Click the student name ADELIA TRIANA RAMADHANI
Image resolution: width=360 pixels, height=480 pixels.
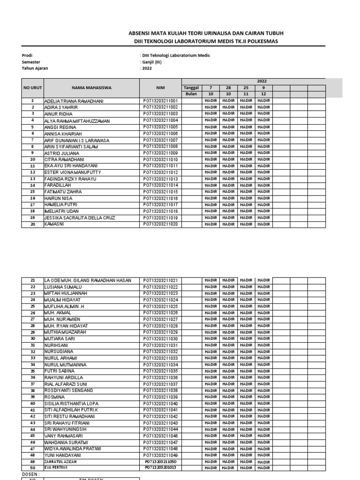click(x=74, y=101)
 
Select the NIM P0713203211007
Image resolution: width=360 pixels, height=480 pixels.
click(x=160, y=140)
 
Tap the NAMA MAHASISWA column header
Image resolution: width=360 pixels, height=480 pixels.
click(x=91, y=87)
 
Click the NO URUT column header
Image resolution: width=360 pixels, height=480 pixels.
click(x=32, y=87)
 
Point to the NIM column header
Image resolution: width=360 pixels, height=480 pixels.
click(x=160, y=87)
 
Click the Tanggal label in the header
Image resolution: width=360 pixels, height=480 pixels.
click(x=191, y=87)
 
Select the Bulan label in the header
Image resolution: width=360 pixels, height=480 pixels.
click(x=191, y=94)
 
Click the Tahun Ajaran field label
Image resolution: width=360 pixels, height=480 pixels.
click(x=35, y=68)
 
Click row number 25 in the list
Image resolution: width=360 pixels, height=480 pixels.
click(x=32, y=306)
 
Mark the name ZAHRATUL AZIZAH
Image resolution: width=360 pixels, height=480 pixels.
click(x=60, y=462)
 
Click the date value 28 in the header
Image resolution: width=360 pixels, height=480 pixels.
click(x=228, y=87)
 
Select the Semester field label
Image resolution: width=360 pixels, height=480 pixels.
click(x=31, y=62)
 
